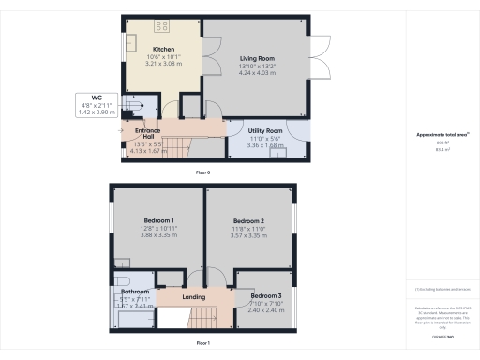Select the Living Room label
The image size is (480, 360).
click(x=254, y=57)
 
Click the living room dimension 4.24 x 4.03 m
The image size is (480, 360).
click(x=254, y=72)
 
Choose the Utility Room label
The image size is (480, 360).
click(x=265, y=130)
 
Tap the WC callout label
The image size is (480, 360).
click(x=96, y=97)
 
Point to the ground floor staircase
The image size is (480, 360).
click(x=178, y=146)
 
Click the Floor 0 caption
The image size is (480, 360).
click(x=202, y=173)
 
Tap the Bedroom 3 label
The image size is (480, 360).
click(x=266, y=295)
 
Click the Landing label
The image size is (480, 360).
click(x=194, y=297)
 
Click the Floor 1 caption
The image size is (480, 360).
click(x=202, y=344)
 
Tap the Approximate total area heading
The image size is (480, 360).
click(x=441, y=135)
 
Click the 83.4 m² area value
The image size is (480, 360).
click(x=441, y=150)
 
